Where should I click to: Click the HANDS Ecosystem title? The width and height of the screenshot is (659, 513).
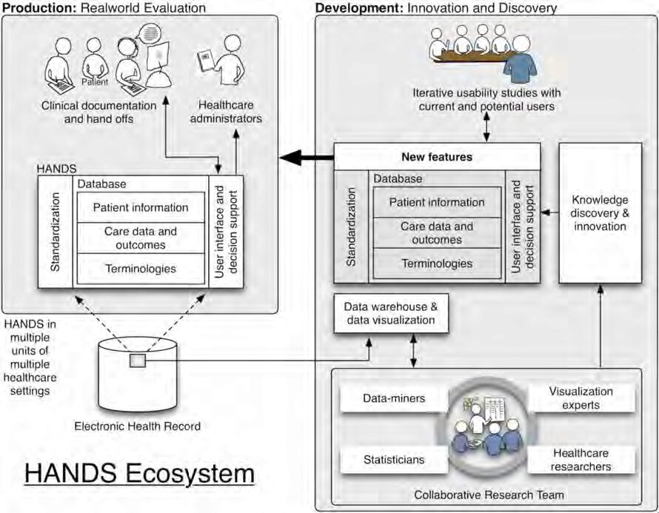coord(139,472)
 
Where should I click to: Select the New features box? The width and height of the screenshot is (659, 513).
coord(436,157)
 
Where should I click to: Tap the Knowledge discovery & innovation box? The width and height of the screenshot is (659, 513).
coord(600,212)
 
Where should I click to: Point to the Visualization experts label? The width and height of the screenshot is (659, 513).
coord(581,398)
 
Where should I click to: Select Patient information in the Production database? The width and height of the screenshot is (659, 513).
coord(140,207)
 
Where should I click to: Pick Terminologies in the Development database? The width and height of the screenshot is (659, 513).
coord(436,264)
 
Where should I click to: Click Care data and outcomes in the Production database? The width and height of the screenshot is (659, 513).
coord(140,238)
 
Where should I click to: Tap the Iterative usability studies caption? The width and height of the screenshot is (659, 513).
coord(486,100)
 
